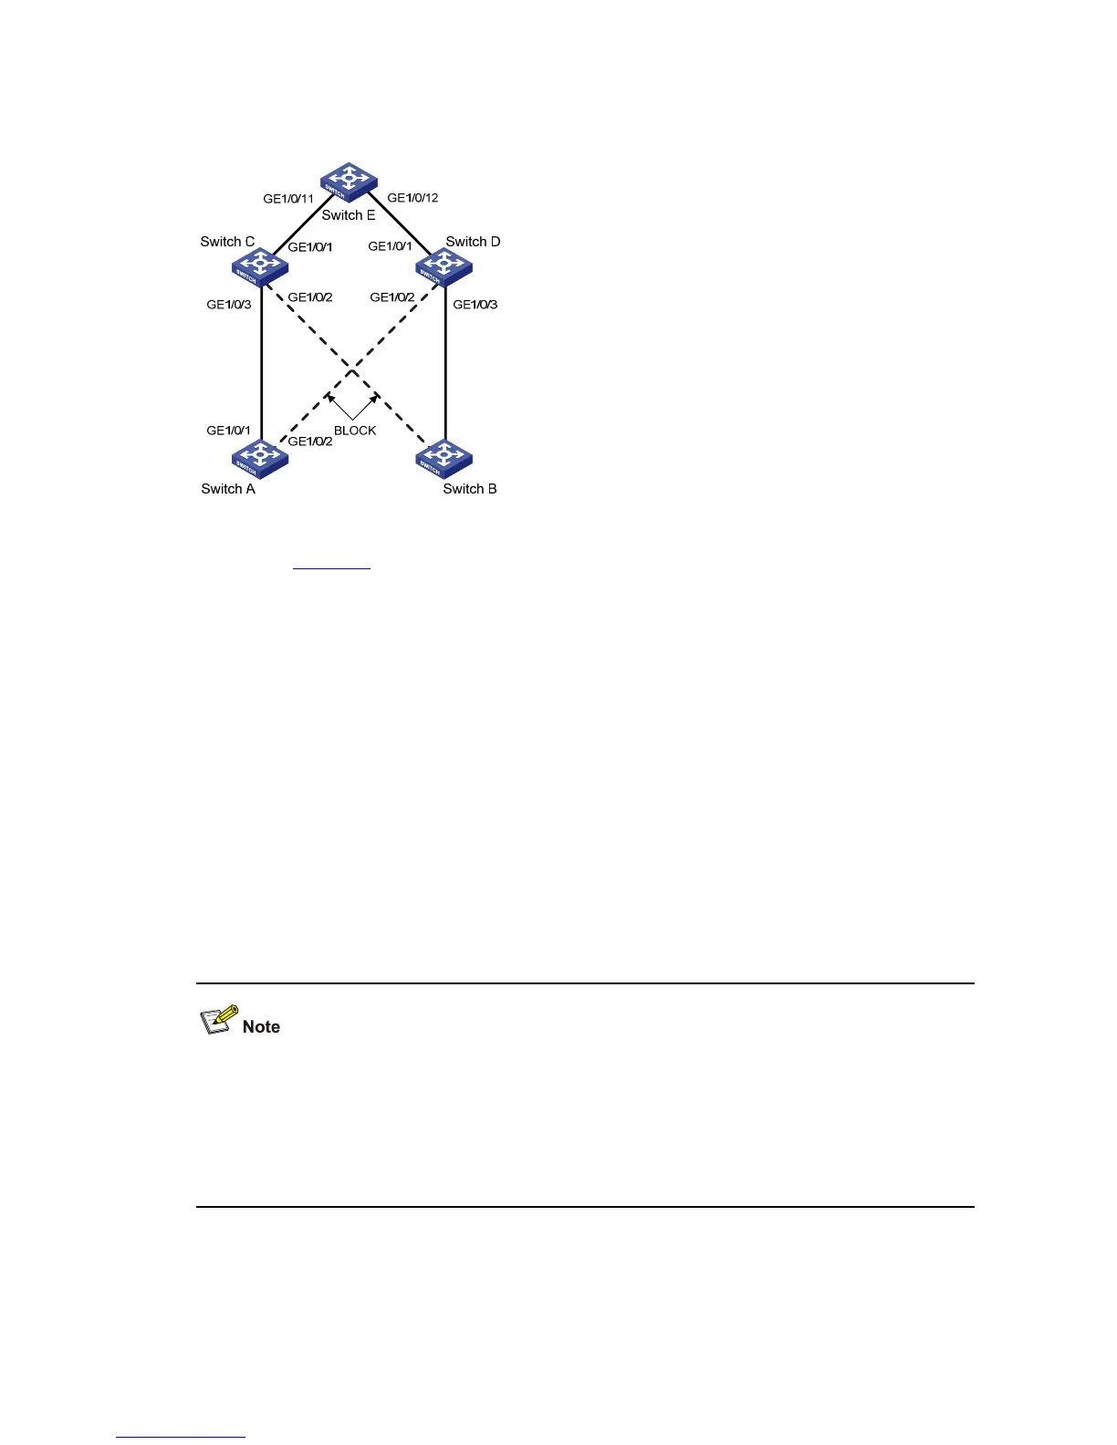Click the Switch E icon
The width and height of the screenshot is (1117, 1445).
349,181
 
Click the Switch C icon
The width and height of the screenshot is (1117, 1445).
260,266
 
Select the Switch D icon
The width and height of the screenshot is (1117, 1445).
444,266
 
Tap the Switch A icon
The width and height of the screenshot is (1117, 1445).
260,458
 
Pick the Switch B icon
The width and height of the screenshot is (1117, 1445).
444,458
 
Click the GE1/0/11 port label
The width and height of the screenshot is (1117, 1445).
288,199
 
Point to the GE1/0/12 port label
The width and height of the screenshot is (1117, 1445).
412,198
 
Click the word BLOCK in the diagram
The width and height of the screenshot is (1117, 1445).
355,431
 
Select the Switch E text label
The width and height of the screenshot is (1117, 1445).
349,216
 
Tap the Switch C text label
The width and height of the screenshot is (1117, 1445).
227,242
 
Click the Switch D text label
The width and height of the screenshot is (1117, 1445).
473,242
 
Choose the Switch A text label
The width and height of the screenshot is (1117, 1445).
228,489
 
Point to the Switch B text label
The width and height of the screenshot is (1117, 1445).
470,489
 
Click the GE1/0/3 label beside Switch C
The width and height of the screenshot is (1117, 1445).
229,305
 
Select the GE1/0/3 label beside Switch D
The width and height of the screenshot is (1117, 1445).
475,305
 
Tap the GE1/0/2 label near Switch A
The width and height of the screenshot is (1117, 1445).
310,442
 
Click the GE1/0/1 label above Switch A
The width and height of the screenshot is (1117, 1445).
229,431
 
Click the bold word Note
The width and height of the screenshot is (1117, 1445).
261,1027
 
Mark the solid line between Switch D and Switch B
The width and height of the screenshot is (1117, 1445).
445,365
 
